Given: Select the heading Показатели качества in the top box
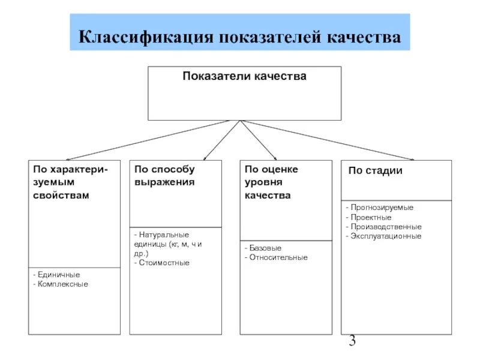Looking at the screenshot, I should click(244, 77).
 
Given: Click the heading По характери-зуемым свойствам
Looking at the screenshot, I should click(71, 182).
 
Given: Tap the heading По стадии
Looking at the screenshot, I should click(376, 171).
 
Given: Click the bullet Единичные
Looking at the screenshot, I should click(58, 275).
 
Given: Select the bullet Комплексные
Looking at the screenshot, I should click(62, 284).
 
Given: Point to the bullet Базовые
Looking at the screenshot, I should click(264, 248).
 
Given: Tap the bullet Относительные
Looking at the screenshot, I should click(278, 257).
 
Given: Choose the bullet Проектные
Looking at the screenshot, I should click(370, 217).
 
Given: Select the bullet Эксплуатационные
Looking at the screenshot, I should click(385, 236).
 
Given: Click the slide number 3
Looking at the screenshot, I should click(352, 342).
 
